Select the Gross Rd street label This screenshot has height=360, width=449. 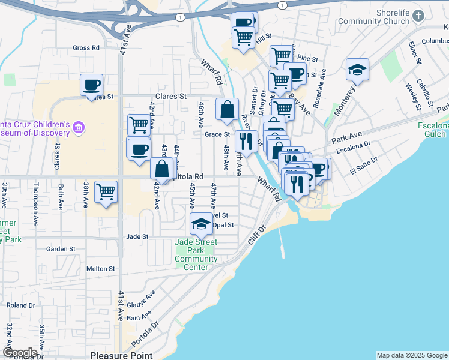click(85, 48)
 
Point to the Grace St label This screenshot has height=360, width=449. click(217, 135)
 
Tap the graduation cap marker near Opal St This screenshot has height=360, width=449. click(202, 224)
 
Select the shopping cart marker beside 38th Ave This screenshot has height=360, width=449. click(106, 192)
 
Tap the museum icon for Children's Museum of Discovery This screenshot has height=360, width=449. click(79, 127)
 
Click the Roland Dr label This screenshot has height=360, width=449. click(21, 305)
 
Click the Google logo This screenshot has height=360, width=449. click(20, 353)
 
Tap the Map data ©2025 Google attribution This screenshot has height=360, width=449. click(412, 355)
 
